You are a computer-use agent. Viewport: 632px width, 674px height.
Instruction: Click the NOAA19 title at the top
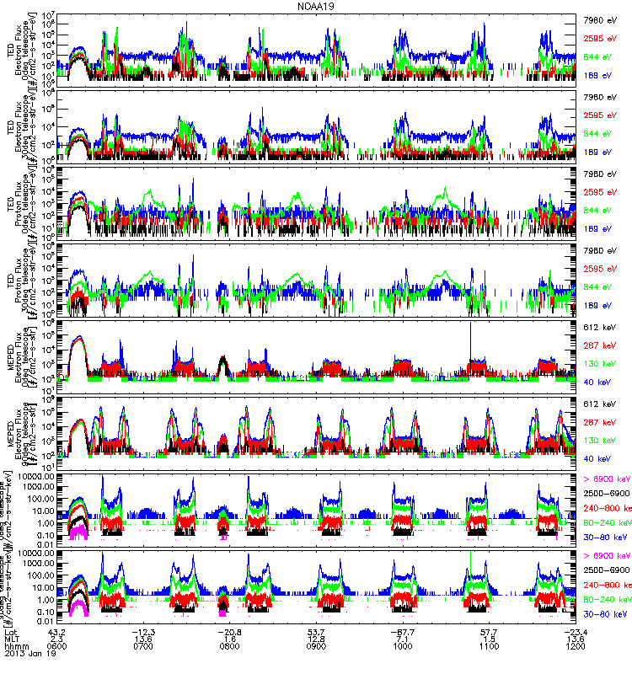point(315,6)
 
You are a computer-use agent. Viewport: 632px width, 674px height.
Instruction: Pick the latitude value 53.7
point(317,631)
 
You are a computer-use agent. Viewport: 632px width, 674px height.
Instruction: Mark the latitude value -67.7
point(403,631)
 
